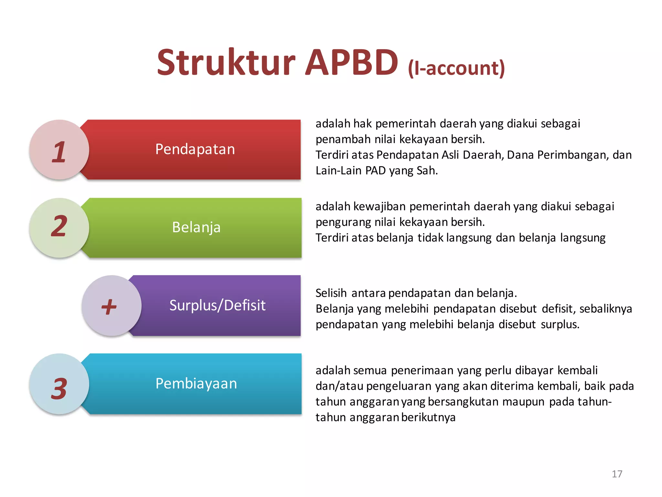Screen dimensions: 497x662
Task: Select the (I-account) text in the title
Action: click(x=456, y=68)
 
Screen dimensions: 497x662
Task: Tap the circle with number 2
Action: click(x=59, y=227)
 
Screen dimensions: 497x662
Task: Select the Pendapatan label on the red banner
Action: click(x=195, y=149)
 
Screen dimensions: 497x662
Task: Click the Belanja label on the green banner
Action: click(x=196, y=227)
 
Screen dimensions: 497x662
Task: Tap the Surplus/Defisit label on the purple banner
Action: click(x=217, y=305)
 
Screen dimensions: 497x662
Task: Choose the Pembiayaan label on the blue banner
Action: click(x=196, y=383)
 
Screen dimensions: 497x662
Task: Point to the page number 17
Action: click(x=617, y=474)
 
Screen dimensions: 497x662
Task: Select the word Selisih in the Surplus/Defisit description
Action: click(x=331, y=293)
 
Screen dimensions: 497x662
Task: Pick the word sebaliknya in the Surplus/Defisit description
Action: click(x=605, y=309)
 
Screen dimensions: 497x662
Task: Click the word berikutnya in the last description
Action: click(x=428, y=417)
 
